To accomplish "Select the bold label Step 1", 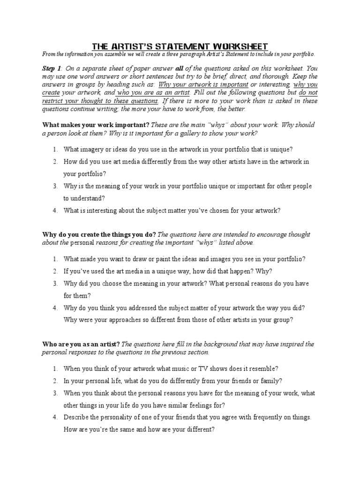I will tap(52, 68).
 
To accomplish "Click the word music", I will tap(176, 368).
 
